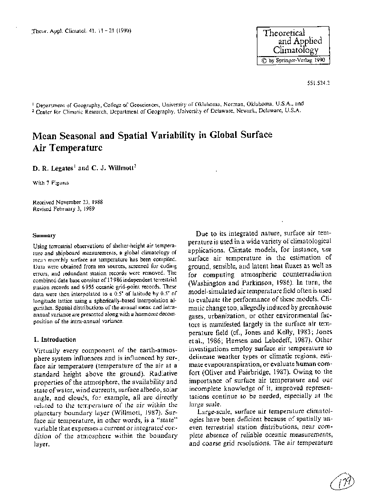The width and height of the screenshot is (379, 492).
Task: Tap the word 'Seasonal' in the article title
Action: (79, 135)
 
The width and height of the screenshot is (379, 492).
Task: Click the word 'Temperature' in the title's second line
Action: (74, 147)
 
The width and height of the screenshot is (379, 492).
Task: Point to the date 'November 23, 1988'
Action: (80, 202)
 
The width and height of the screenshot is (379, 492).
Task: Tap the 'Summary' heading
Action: (44, 235)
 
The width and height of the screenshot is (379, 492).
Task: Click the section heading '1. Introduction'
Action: (54, 340)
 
